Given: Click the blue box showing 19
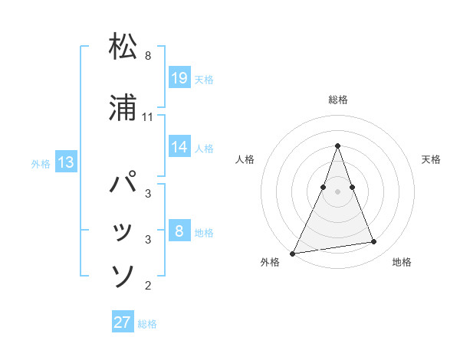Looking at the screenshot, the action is coord(179,77).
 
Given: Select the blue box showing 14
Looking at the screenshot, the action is coord(179,147).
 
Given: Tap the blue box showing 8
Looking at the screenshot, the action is coord(179,231).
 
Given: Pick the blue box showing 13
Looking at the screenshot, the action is coord(65,162).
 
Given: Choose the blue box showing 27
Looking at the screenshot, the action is coord(123,322).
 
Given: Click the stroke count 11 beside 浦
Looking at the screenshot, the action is coord(148,117).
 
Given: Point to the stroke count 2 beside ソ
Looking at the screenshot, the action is coord(148,286).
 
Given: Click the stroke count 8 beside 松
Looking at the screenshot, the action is coord(148,56).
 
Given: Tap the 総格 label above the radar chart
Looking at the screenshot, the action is coord(338,100).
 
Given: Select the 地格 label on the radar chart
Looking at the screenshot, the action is coord(402,263).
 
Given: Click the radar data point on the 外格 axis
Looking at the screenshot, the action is coord(293,253).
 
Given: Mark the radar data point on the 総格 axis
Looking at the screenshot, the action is coord(337,146).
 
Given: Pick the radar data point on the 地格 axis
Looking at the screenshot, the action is coord(374,242).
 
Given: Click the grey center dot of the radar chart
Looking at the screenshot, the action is coord(337,191).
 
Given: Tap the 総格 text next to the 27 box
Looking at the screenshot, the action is coord(147,324).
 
